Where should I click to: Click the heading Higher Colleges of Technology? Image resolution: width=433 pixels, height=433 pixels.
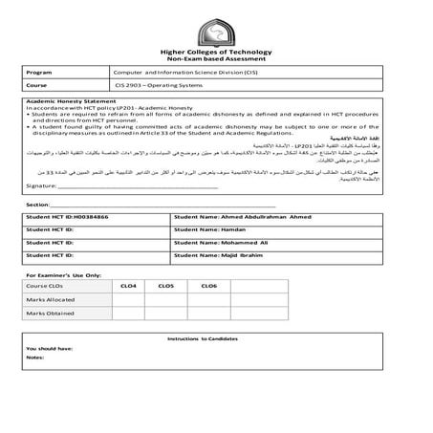pyautogui.click(x=215, y=53)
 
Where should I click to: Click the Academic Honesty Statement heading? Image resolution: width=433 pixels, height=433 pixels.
pyautogui.click(x=67, y=100)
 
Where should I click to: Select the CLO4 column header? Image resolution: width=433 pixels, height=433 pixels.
pyautogui.click(x=129, y=286)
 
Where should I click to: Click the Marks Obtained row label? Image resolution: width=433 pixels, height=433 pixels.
pyautogui.click(x=50, y=313)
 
